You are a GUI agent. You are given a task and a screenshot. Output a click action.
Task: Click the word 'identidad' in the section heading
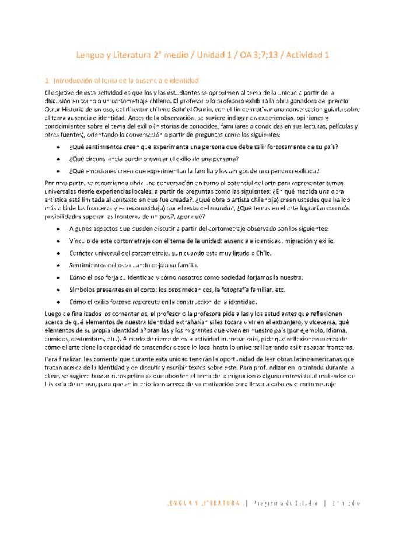pos(184,80)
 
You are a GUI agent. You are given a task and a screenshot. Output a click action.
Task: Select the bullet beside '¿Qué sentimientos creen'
pos(59,147)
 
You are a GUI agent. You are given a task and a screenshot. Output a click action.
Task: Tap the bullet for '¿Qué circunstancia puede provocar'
pos(59,159)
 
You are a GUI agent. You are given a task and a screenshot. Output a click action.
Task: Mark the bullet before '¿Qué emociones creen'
pos(59,171)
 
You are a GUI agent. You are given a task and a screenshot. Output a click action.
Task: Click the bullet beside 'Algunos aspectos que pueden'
pos(59,228)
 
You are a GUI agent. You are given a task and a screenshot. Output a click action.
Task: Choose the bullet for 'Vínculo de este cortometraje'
pos(59,240)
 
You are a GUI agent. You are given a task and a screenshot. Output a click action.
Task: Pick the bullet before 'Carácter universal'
pos(59,253)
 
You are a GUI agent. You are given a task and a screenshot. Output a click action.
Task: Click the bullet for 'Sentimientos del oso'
pos(59,265)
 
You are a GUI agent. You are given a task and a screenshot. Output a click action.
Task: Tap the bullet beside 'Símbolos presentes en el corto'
pos(59,290)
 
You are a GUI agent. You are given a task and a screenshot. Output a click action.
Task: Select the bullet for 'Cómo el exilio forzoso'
pos(59,302)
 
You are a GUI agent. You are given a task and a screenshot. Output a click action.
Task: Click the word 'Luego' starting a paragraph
pos(53,314)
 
